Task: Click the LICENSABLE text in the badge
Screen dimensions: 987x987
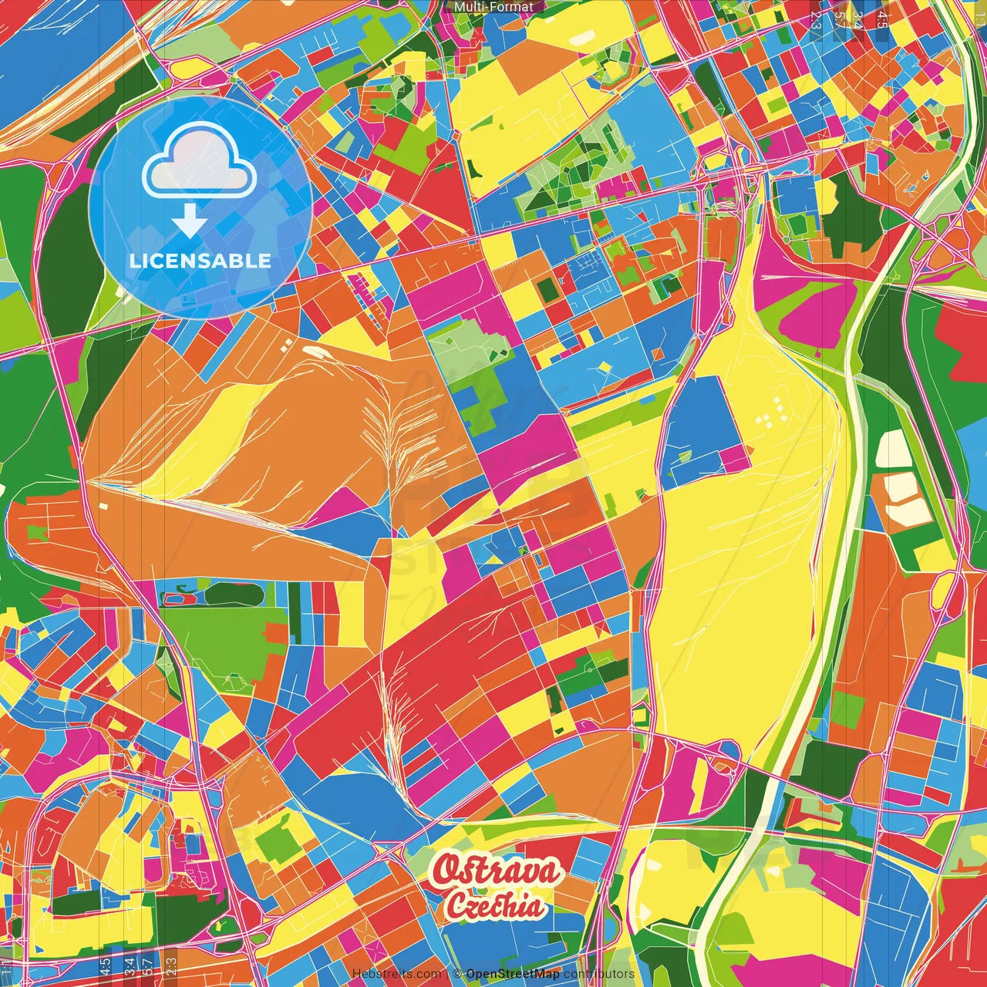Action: [200, 261]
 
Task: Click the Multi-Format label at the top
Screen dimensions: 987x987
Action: [493, 7]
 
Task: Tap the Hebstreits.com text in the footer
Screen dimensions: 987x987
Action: [396, 974]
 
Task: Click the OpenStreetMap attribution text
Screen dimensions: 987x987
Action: [513, 974]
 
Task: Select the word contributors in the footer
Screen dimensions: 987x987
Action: [599, 974]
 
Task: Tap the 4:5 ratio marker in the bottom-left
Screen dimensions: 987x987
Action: [105, 967]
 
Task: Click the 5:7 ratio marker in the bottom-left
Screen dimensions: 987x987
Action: [148, 967]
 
